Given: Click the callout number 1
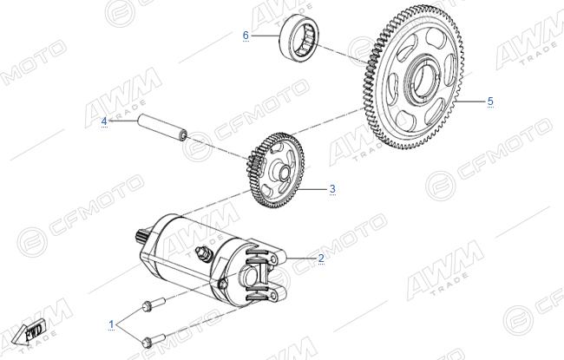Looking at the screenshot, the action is [x=112, y=324].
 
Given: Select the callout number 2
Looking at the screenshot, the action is [x=321, y=258].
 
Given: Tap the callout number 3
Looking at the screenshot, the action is [x=332, y=188].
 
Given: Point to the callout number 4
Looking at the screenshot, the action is [x=104, y=121].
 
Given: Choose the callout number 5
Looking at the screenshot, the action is [x=490, y=101].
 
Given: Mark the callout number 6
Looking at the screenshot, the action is [x=246, y=36].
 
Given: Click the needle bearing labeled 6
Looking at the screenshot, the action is [x=298, y=38].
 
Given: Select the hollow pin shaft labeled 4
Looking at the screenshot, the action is [x=162, y=127].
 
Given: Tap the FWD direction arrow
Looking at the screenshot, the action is [x=28, y=331].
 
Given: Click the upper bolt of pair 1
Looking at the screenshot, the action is [x=154, y=304].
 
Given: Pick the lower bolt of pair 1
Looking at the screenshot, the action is [x=154, y=340].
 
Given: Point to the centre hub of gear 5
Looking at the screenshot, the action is [x=423, y=78].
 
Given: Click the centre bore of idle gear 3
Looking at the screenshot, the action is [x=283, y=172].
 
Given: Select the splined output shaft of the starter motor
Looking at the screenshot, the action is [x=144, y=237].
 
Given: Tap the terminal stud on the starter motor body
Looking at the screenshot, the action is [x=202, y=252].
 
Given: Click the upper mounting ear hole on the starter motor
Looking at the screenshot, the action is [x=274, y=259].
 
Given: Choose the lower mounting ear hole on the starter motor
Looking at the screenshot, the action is [x=274, y=296].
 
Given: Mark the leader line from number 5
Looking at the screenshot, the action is [x=471, y=101].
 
